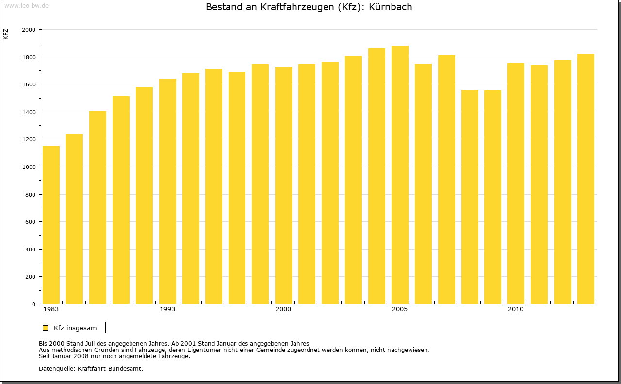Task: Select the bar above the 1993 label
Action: [167, 191]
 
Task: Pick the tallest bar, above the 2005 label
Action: [400, 175]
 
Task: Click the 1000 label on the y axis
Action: [29, 167]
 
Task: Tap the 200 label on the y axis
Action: [31, 277]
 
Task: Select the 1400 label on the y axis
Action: [29, 112]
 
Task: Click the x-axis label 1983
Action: [51, 309]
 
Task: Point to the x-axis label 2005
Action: [400, 309]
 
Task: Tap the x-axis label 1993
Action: [167, 309]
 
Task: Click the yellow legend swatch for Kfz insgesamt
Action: [45, 328]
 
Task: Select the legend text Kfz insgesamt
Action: [77, 328]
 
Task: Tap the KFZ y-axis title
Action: [6, 34]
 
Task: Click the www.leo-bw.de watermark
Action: [26, 5]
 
